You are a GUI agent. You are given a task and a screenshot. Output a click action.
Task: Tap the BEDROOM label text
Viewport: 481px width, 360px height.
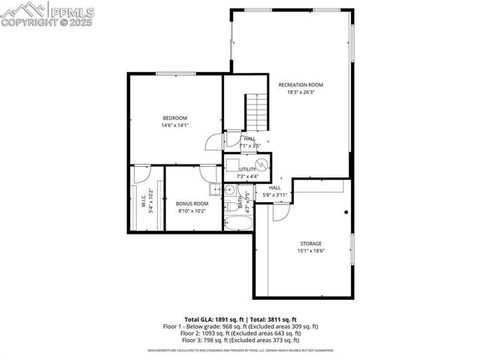[174, 118]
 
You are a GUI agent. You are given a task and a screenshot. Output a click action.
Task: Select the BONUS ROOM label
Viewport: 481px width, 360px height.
[192, 204]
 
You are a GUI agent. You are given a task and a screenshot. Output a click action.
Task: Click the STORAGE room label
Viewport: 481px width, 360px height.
[310, 244]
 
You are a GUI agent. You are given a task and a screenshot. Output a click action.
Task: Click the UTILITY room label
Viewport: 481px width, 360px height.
[248, 169]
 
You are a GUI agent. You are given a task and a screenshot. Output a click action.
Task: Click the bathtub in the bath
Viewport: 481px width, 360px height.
[235, 222]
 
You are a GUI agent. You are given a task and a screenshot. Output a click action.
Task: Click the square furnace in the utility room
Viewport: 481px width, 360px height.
[233, 165]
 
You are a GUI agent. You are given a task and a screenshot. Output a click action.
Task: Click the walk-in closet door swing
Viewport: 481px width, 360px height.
[138, 174]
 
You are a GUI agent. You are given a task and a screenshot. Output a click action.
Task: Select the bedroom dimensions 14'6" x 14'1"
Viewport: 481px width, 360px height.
[174, 126]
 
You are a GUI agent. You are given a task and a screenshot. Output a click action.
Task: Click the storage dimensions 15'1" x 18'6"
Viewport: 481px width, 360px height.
[310, 251]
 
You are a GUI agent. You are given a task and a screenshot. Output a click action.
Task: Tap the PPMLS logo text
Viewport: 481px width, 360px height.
[74, 11]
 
